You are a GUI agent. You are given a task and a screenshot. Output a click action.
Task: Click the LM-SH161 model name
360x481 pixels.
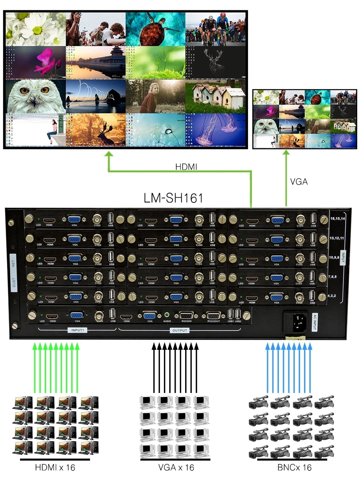click(174, 198)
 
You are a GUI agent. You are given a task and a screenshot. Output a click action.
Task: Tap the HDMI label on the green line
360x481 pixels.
click(186, 166)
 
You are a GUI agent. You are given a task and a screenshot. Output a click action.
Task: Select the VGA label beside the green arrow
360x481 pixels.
click(299, 182)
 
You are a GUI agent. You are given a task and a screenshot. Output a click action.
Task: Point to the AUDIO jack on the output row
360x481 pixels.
click(167, 315)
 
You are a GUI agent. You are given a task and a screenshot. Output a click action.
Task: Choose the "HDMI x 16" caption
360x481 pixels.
click(55, 467)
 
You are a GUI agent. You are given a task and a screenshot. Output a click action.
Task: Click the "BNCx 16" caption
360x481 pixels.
click(294, 467)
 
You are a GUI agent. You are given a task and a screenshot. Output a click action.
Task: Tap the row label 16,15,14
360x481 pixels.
click(338, 219)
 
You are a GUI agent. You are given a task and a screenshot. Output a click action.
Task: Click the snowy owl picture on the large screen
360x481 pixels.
click(35, 96)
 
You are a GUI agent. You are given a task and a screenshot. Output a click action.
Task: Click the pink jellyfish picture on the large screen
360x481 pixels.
click(215, 130)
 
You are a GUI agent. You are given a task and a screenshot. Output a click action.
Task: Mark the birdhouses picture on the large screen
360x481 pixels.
click(215, 96)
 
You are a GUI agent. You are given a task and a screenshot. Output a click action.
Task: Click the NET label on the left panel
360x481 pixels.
click(13, 263)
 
